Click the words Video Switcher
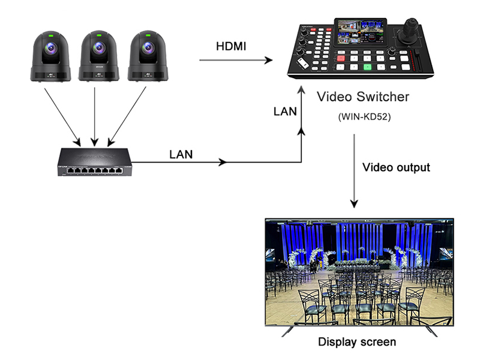(x=363, y=96)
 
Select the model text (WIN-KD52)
(x=364, y=117)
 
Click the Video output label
(x=397, y=167)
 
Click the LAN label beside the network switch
(x=181, y=154)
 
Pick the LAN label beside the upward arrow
(x=284, y=112)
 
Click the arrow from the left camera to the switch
(x=62, y=115)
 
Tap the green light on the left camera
(x=51, y=36)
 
